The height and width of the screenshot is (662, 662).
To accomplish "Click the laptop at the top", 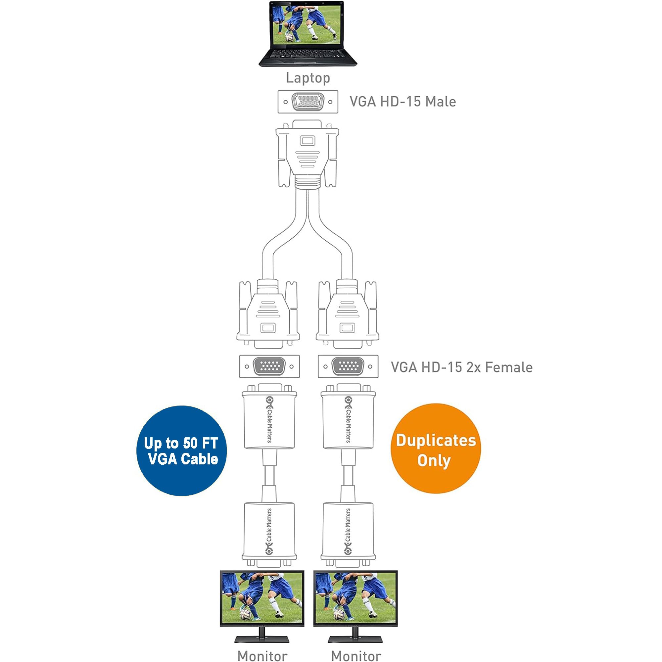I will [307, 33].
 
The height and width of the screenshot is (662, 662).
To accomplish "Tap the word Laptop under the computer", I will [308, 78].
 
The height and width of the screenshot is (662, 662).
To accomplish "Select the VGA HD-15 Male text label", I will [402, 102].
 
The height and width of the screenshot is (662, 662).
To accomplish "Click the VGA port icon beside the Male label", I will [308, 102].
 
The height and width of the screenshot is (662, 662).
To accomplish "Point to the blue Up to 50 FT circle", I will [181, 450].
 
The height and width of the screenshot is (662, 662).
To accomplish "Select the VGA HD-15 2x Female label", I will [461, 367].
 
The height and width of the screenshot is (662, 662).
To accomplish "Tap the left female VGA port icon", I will [269, 366].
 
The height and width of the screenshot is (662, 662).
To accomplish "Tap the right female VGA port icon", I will [348, 366].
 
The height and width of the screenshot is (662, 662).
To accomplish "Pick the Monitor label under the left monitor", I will [262, 656].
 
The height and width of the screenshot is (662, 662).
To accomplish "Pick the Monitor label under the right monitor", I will [356, 656].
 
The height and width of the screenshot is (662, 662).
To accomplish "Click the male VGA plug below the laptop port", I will [307, 154].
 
